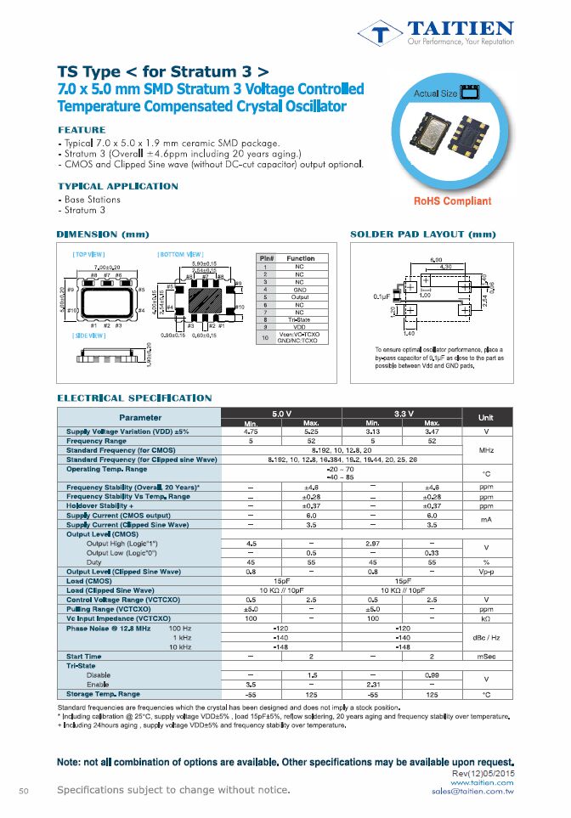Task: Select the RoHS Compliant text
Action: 452,201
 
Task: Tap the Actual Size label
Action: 436,93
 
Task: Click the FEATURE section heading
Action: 82,130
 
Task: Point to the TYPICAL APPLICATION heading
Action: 118,186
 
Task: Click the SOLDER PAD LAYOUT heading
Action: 422,234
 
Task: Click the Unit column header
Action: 485,418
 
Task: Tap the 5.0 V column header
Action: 282,413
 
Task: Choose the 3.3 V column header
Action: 401,413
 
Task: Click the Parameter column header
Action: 140,418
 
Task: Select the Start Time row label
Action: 83,656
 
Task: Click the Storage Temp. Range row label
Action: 103,694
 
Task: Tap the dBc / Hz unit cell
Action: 485,636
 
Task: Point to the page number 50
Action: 24,791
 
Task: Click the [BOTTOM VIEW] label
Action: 180,255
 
